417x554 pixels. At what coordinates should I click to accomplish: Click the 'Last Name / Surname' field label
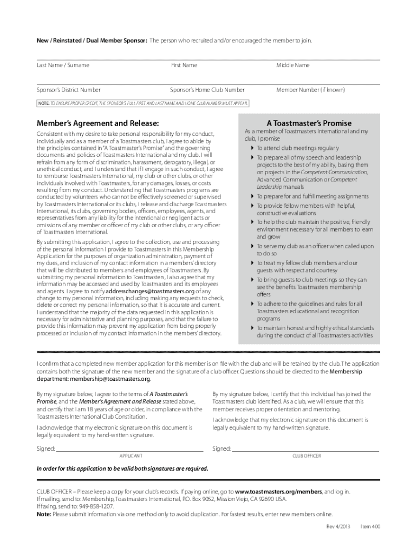click(63, 65)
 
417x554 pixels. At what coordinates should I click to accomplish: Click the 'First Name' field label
click(184, 65)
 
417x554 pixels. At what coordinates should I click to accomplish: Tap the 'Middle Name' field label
click(293, 65)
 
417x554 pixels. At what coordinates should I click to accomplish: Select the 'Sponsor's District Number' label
click(68, 90)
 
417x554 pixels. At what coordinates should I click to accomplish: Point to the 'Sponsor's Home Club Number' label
click(207, 90)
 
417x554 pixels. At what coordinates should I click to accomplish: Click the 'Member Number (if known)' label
click(310, 90)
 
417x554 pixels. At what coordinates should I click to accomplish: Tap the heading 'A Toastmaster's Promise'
click(309, 123)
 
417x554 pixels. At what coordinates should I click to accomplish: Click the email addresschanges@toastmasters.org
click(151, 291)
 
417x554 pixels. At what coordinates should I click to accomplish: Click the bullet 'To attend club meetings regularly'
click(298, 148)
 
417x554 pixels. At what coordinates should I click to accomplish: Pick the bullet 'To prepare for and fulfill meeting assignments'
click(312, 196)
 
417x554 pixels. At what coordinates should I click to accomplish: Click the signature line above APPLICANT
click(130, 450)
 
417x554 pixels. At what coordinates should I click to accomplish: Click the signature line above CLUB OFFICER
click(305, 450)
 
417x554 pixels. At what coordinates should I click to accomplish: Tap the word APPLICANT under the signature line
click(131, 456)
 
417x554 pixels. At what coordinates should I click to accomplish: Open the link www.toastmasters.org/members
click(278, 492)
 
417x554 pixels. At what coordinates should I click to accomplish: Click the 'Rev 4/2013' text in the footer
click(338, 526)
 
